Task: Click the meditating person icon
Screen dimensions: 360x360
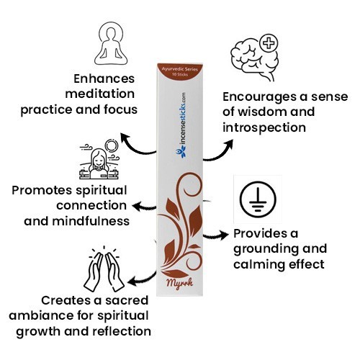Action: pyautogui.click(x=111, y=48)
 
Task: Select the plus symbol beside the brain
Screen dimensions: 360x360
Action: pyautogui.click(x=269, y=44)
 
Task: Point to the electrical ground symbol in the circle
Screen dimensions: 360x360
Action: pyautogui.click(x=258, y=199)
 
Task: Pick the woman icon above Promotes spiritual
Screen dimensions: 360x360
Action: pyautogui.click(x=99, y=160)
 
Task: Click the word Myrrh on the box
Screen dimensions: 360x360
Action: pyautogui.click(x=180, y=284)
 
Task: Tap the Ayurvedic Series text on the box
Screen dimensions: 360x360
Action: pyautogui.click(x=180, y=69)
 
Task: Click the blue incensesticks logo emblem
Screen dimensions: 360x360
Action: pyautogui.click(x=181, y=152)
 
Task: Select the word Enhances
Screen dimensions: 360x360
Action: pyautogui.click(x=104, y=78)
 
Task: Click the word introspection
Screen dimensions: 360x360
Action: pyautogui.click(x=264, y=127)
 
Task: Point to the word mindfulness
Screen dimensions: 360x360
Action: pyautogui.click(x=91, y=221)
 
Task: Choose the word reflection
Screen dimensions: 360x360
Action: pyautogui.click(x=122, y=331)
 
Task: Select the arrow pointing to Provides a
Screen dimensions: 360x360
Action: pyautogui.click(x=216, y=235)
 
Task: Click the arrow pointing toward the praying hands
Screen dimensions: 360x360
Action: pyautogui.click(x=142, y=279)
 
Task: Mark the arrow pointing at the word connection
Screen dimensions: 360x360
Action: pyautogui.click(x=145, y=207)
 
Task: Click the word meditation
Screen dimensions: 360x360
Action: pyautogui.click(x=99, y=94)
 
